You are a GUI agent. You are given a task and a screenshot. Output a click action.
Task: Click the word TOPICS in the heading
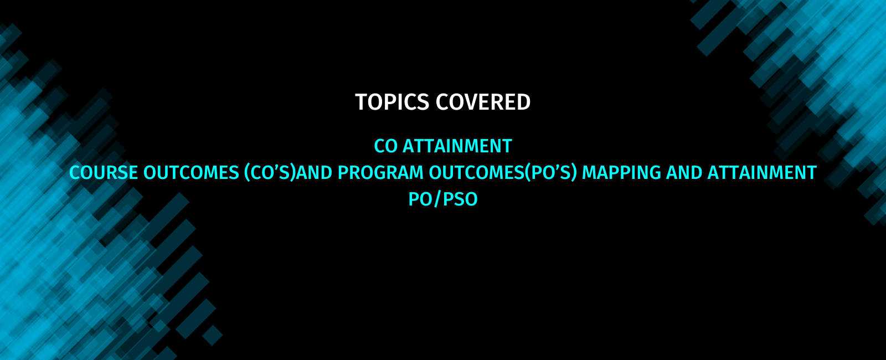click(392, 102)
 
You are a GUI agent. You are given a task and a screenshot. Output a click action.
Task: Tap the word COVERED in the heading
click(483, 102)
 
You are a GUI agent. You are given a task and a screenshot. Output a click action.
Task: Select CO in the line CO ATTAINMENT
click(385, 146)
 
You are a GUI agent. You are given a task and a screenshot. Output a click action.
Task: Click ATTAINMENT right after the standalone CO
click(457, 146)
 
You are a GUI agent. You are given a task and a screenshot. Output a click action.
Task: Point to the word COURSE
click(104, 173)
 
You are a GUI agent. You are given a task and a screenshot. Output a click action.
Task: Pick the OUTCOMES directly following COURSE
click(191, 173)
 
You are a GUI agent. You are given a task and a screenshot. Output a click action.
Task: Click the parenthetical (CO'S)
click(270, 173)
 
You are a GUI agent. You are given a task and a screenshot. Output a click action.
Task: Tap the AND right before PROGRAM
click(314, 173)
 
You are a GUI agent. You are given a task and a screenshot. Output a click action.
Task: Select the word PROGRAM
click(380, 173)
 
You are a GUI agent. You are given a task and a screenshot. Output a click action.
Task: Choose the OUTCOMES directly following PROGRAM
click(477, 173)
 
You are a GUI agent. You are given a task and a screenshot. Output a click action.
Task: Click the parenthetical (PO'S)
click(551, 173)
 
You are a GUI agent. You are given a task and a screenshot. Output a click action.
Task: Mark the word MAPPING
click(621, 173)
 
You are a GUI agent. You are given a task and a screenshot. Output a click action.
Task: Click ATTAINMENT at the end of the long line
click(762, 173)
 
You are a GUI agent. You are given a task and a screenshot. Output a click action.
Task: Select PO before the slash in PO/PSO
click(420, 199)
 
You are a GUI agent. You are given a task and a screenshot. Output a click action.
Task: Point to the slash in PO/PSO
click(437, 199)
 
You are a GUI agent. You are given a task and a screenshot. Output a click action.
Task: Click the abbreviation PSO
click(460, 199)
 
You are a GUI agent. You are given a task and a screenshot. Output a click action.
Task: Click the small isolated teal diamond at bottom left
click(213, 336)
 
